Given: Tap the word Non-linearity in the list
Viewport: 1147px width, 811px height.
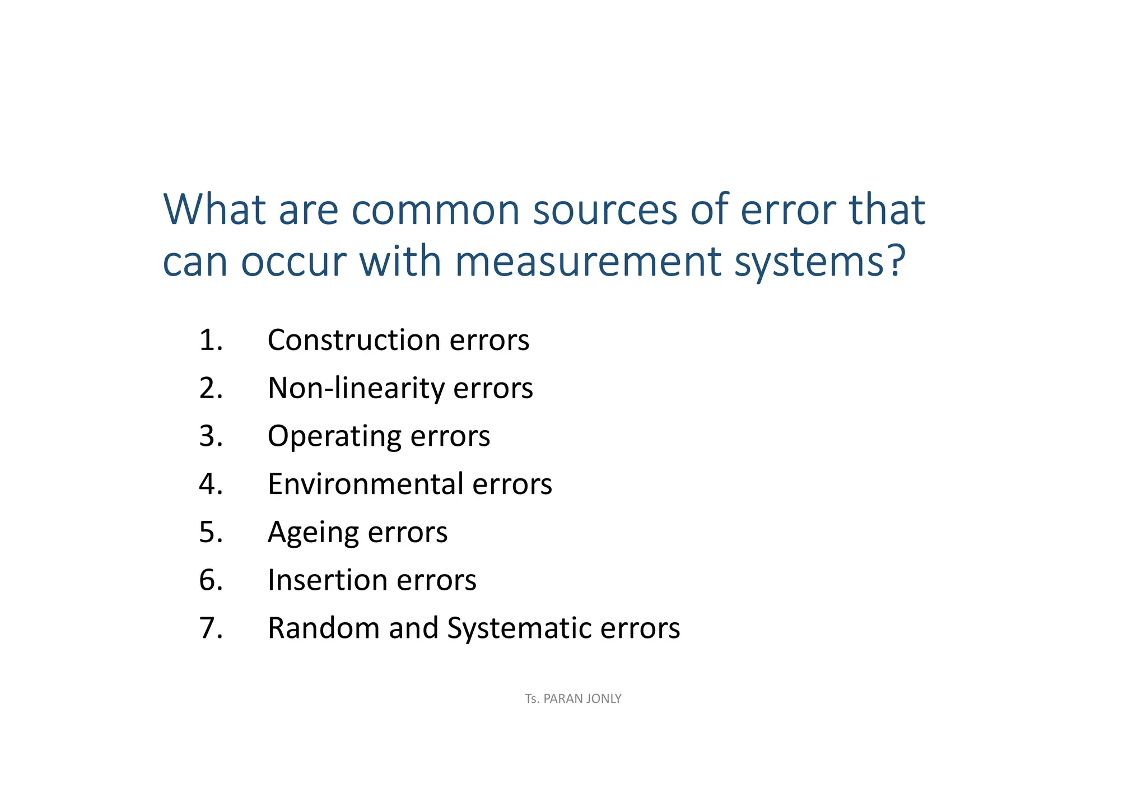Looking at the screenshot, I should [356, 388].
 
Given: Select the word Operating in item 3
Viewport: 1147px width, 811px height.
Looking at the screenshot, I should [334, 436].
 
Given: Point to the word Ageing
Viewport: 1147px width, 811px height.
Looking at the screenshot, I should [313, 533].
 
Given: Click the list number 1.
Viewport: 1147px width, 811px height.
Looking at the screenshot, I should [211, 340].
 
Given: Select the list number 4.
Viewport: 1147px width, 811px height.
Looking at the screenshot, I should [211, 484].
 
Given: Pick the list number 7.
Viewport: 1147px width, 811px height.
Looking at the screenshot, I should [211, 628].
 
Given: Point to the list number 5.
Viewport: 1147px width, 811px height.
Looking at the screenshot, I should [211, 532].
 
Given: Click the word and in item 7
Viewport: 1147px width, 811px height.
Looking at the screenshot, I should [413, 628].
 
